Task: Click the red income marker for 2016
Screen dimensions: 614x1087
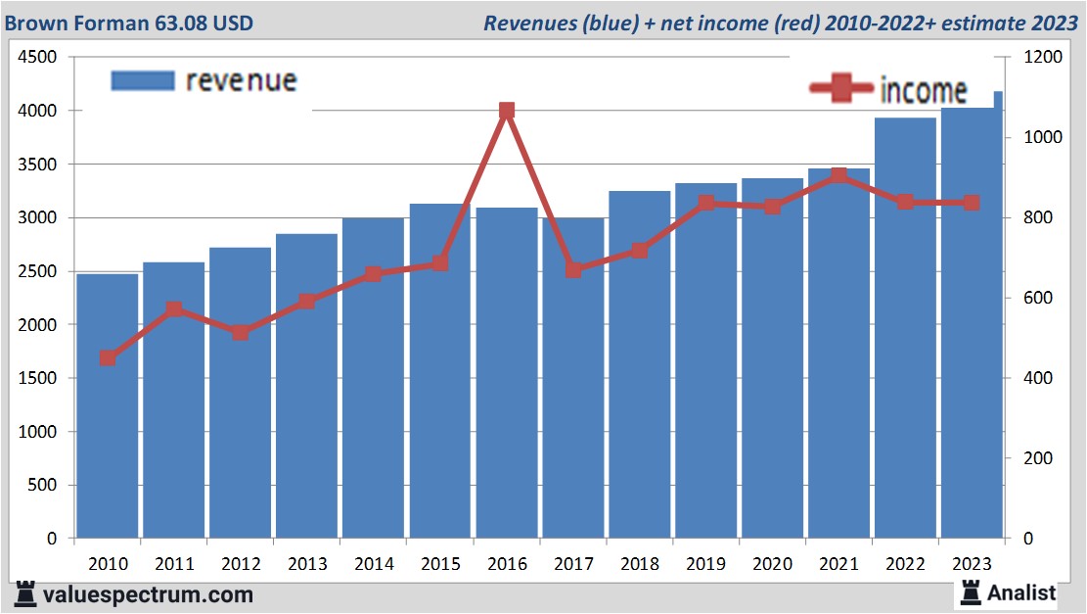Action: point(507,111)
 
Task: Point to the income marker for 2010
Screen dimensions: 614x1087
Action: point(108,358)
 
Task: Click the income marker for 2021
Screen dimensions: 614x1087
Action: point(838,176)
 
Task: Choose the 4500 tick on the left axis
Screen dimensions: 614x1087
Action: point(38,58)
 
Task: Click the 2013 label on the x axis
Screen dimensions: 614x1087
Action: point(307,565)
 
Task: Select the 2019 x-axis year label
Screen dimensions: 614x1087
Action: point(705,565)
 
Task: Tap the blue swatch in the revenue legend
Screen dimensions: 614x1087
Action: point(142,81)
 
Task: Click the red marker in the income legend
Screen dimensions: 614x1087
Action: point(841,88)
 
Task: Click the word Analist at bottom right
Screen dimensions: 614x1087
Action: point(1021,592)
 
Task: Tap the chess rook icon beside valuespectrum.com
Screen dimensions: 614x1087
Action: point(26,593)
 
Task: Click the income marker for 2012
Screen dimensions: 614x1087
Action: point(241,333)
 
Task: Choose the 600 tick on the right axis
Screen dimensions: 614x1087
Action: point(1038,299)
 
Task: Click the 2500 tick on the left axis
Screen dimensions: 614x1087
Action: point(38,271)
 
